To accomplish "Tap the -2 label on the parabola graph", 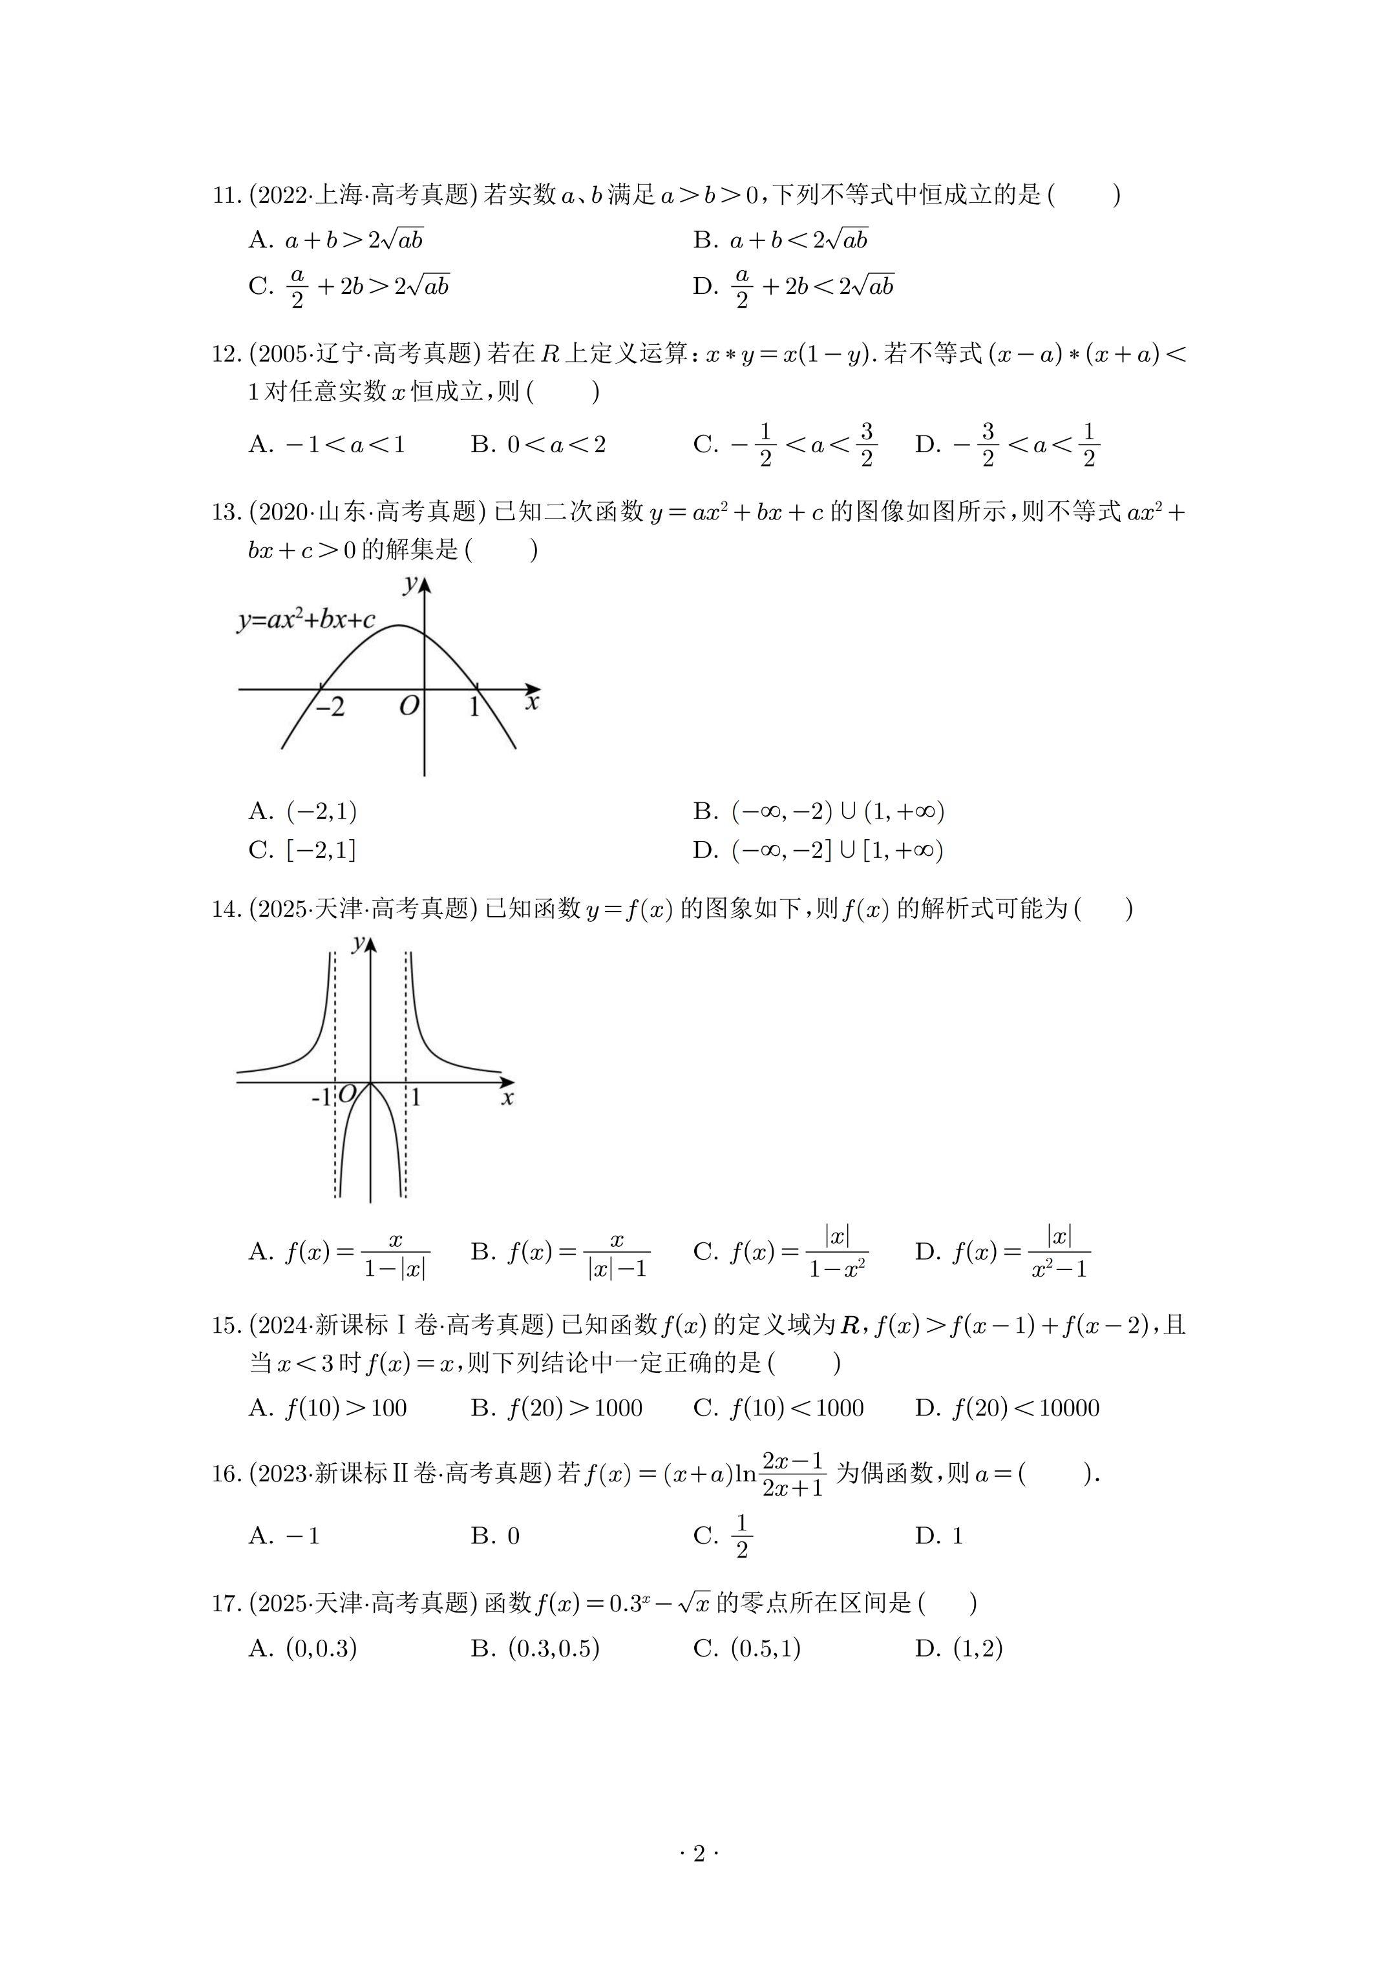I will pyautogui.click(x=328, y=706).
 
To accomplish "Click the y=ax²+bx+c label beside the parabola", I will pyautogui.click(x=306, y=620).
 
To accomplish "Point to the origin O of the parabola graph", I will pyautogui.click(x=409, y=706).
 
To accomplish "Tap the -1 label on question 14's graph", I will pyautogui.click(x=321, y=1098).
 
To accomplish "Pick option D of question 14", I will pyautogui.click(x=1002, y=1252).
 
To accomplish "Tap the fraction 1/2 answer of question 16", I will pyautogui.click(x=741, y=1536).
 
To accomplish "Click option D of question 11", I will pyautogui.click(x=794, y=286).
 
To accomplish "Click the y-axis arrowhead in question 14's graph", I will pyautogui.click(x=370, y=943).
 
